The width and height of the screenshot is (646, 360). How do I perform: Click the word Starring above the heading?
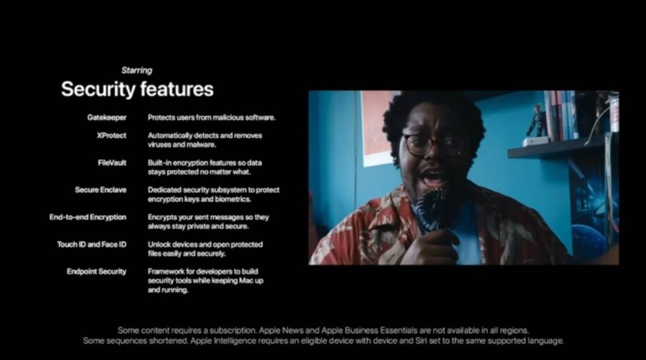coord(137,71)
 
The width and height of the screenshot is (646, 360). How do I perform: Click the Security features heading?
coord(137,89)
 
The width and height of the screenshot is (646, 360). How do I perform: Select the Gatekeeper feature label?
coord(107,118)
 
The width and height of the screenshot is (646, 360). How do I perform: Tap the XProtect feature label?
coord(111,136)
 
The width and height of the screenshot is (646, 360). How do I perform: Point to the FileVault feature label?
coord(112,163)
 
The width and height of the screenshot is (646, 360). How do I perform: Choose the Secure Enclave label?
coord(100,190)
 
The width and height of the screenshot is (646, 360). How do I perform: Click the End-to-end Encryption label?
coord(88,217)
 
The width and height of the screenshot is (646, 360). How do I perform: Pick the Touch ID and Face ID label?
coord(91,244)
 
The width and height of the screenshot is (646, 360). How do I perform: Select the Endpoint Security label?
coord(97,272)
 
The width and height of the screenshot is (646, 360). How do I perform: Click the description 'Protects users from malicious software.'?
coord(212,117)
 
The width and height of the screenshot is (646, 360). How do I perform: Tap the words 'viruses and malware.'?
coord(182,144)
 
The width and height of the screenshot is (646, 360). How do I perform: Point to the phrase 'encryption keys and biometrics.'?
coord(199,199)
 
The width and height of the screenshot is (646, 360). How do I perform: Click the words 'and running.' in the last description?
coord(168,290)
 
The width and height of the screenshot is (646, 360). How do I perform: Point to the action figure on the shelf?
coord(537,120)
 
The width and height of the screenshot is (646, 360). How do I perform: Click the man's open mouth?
coord(433,177)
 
